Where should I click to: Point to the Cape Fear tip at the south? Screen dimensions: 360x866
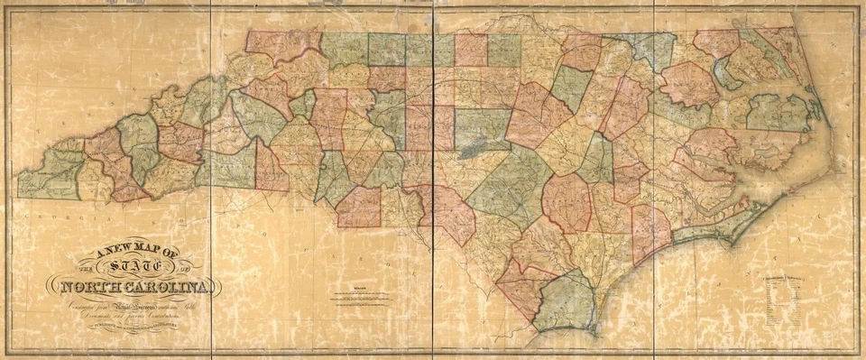coord(594,327)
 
